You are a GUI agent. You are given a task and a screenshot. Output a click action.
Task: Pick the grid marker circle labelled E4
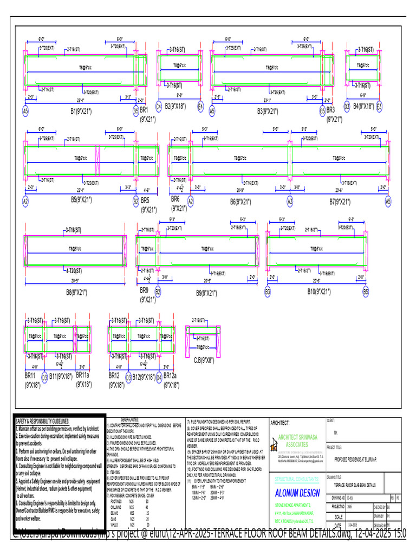point(200,106)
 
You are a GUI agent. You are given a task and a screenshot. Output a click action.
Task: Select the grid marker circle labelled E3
point(379,106)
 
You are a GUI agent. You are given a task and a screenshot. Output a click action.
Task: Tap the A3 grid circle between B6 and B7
point(290,201)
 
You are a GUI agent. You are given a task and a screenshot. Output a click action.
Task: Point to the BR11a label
point(86,375)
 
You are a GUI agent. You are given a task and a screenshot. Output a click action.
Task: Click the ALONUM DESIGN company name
point(297,493)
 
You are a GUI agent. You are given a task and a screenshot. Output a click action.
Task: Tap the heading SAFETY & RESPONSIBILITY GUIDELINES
point(50,421)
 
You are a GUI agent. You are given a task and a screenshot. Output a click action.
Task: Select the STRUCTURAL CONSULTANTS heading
point(297,479)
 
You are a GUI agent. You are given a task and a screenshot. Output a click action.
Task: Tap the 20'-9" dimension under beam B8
point(76,281)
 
